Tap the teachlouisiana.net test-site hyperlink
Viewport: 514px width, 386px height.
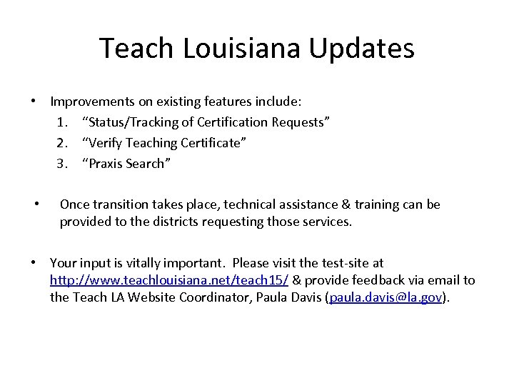pyautogui.click(x=169, y=280)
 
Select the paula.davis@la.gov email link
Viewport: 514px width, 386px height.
pyautogui.click(x=385, y=297)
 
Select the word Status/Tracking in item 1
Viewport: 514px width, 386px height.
pyautogui.click(x=133, y=122)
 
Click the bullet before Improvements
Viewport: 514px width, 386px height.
pyautogui.click(x=34, y=102)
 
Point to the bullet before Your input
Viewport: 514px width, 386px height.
pyautogui.click(x=34, y=264)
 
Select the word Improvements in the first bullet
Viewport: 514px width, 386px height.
pyautogui.click(x=95, y=102)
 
